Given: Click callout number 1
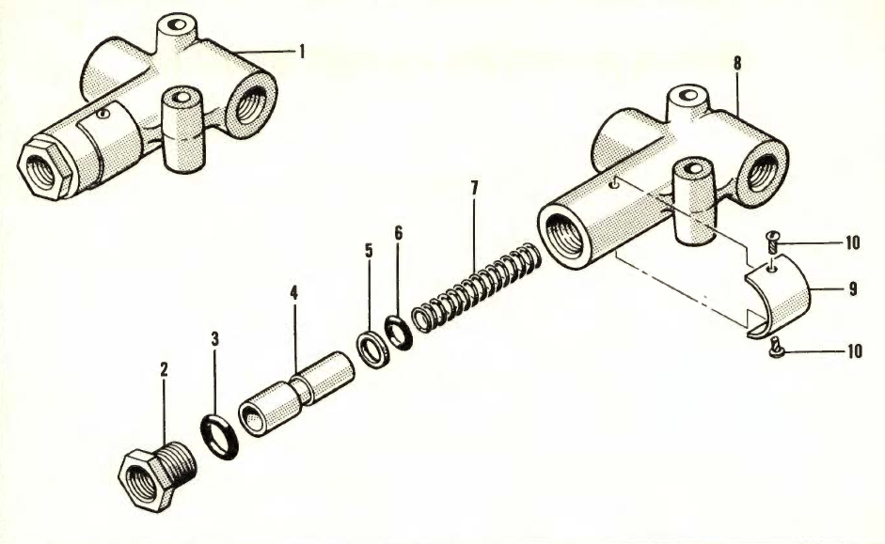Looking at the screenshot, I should (301, 53).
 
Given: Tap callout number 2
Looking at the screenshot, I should (164, 369).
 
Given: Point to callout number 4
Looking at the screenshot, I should (293, 293).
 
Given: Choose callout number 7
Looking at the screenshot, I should (475, 188).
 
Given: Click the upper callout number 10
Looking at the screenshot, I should (852, 243).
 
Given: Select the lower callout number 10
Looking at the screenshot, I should (852, 351).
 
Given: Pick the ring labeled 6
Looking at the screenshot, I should (398, 332).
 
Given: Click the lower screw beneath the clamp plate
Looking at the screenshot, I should (776, 350).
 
